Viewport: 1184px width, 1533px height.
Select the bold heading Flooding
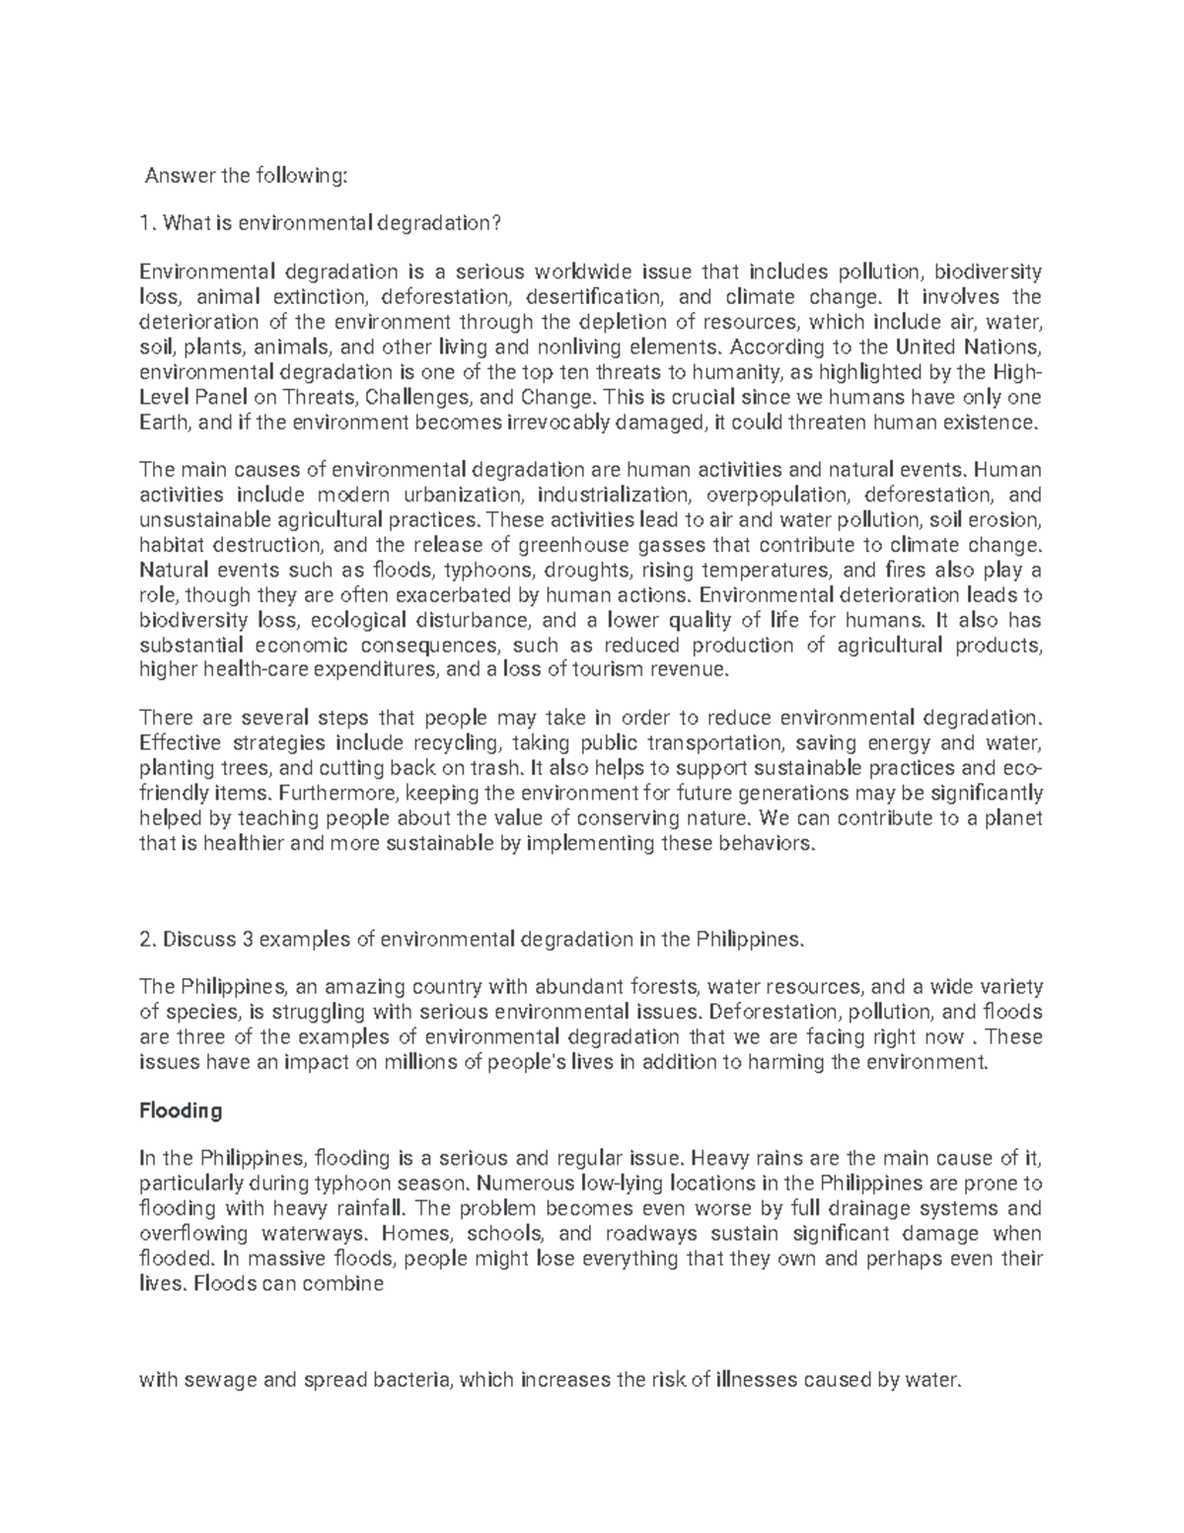coord(182,1111)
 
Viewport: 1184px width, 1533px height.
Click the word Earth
coord(166,422)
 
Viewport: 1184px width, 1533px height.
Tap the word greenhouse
coord(575,545)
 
